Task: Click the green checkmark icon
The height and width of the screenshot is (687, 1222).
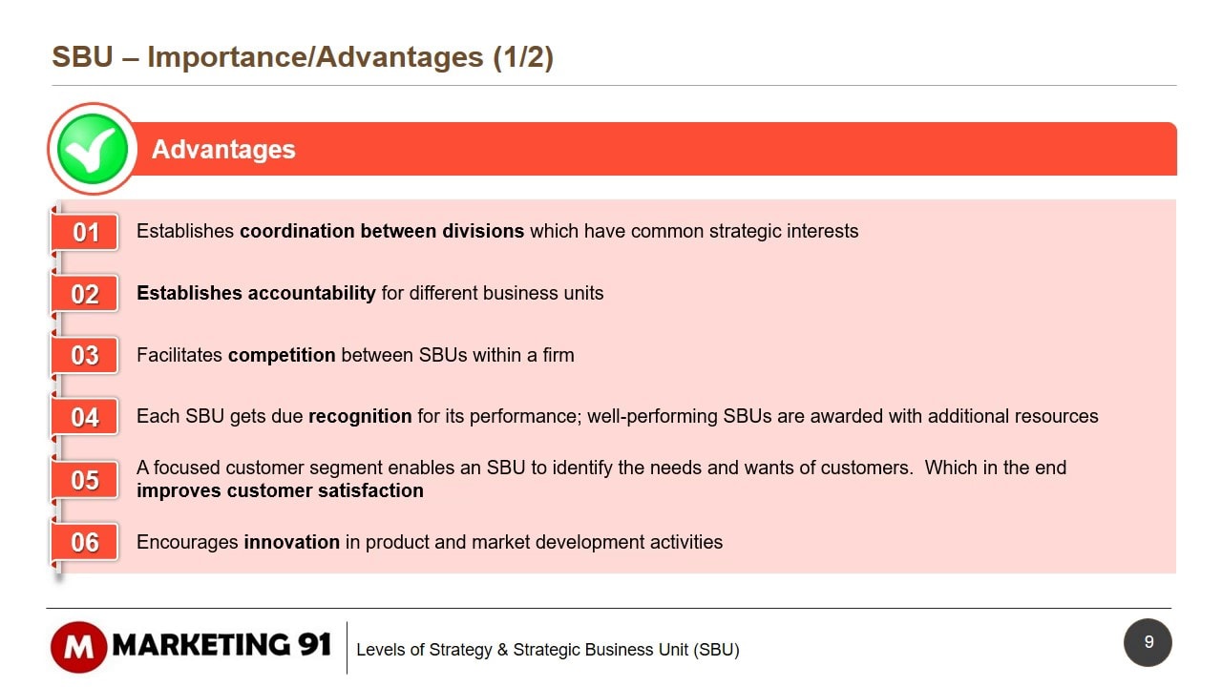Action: pos(93,149)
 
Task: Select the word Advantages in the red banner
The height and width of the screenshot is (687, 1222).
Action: pos(223,150)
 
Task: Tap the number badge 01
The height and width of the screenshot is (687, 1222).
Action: pos(85,232)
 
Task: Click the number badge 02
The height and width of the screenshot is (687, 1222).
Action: pos(85,294)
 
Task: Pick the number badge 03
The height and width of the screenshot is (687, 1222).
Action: pos(85,356)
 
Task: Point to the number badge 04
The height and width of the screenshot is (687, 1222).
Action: pos(85,417)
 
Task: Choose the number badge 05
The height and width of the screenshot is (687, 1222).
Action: pos(85,480)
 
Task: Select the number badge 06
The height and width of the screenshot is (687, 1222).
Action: pos(85,542)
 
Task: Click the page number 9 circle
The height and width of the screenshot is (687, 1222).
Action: pos(1148,642)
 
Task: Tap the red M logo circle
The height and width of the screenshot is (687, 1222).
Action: pos(78,647)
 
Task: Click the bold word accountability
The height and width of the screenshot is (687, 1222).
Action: pos(311,293)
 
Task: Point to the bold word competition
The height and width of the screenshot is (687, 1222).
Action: pos(282,356)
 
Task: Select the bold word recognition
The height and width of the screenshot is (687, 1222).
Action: pos(360,417)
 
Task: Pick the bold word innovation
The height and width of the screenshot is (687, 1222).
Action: pos(292,543)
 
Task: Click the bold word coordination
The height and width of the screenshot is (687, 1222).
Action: pos(297,231)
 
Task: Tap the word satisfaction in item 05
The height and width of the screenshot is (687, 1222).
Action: pos(371,490)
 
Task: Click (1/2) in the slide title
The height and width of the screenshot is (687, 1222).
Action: pos(523,57)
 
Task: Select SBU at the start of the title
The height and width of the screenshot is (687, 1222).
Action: pos(82,56)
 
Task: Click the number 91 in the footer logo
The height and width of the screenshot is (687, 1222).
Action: pos(314,644)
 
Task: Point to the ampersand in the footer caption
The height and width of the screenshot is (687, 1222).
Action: pos(502,650)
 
